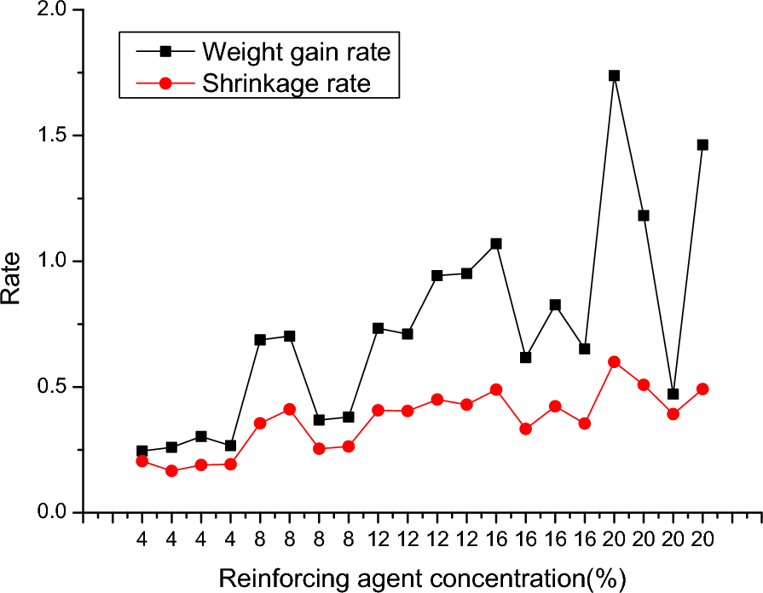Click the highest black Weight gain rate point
pos(614,75)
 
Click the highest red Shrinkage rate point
pos(614,362)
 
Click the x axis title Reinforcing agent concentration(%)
pos(423,579)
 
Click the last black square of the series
pos(702,145)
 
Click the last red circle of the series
pos(702,389)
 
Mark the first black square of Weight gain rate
pos(142,451)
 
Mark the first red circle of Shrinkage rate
pos(142,461)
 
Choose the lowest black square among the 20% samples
pos(673,394)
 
